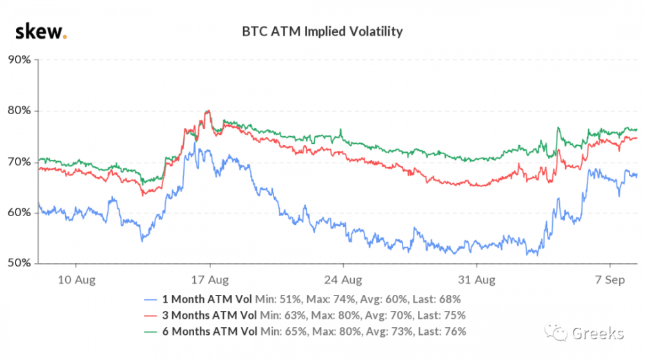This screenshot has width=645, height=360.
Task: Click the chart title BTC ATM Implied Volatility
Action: [x=322, y=30]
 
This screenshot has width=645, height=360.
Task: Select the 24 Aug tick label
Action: [x=343, y=279]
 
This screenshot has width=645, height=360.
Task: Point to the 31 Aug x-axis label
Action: [x=477, y=279]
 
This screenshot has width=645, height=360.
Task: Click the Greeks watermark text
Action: [x=597, y=333]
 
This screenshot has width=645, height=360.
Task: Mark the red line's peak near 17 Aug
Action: [x=208, y=111]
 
